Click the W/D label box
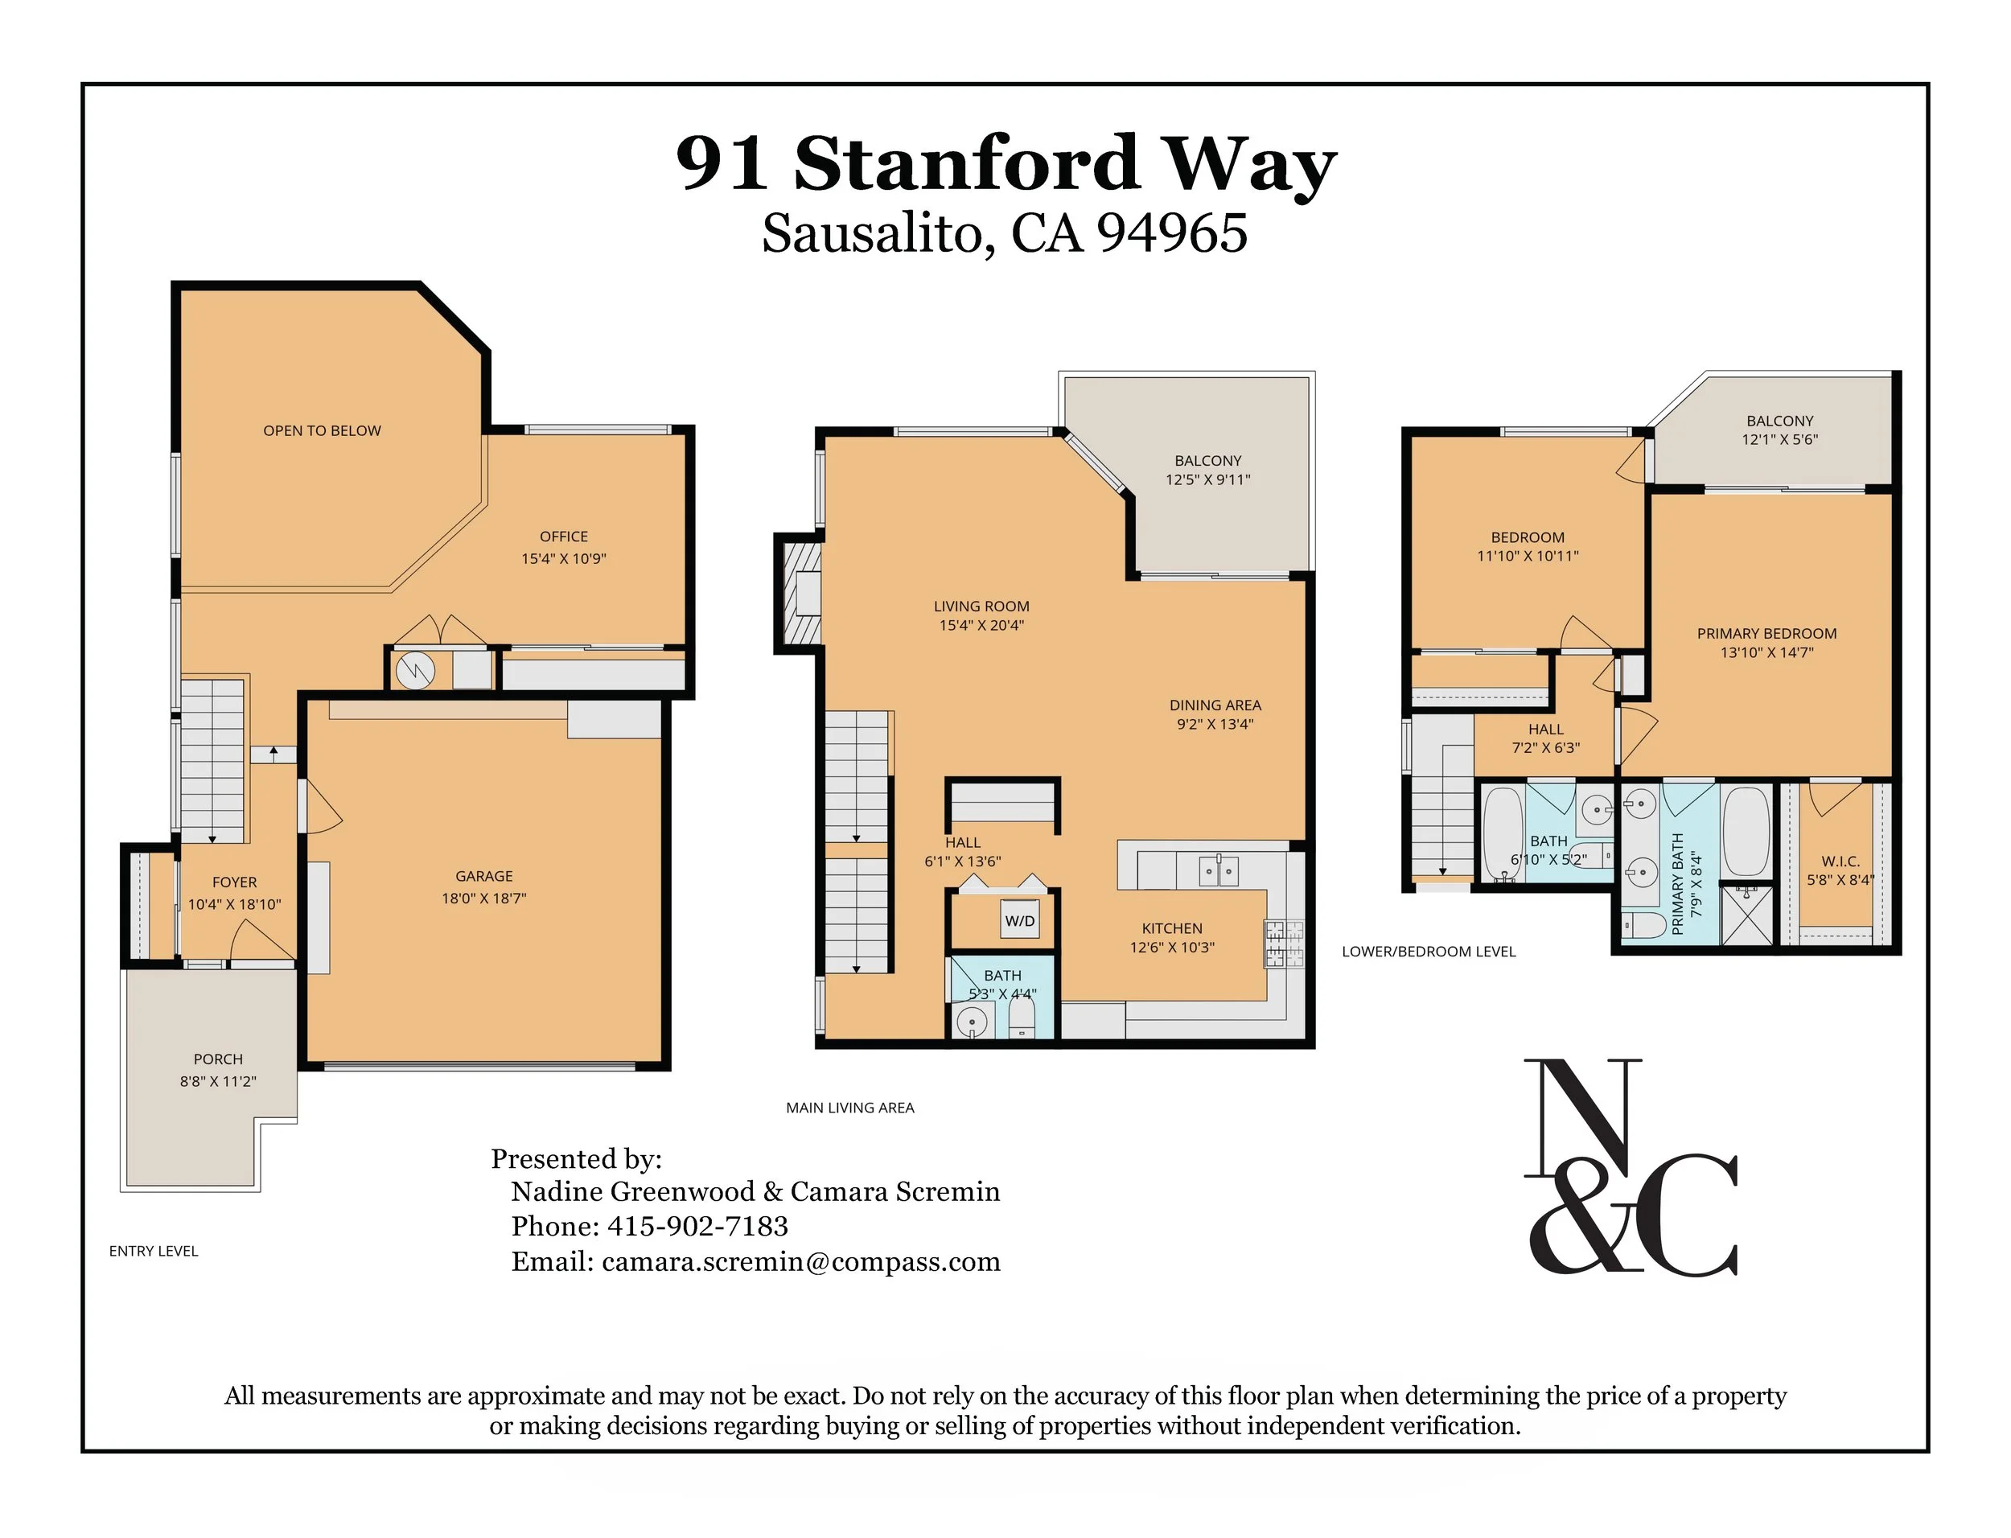point(1020,920)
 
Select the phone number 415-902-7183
point(697,1226)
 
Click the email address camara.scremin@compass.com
point(801,1261)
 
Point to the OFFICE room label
point(564,537)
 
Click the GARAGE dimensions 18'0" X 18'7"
point(484,898)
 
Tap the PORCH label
point(218,1059)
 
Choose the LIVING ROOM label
point(981,606)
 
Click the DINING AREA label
point(1215,705)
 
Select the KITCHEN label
point(1172,928)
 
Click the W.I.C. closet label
point(1840,862)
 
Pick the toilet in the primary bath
point(1643,926)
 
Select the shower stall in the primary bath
point(1746,915)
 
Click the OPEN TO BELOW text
point(323,431)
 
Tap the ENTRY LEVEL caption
point(154,1252)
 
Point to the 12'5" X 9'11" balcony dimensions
point(1208,479)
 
